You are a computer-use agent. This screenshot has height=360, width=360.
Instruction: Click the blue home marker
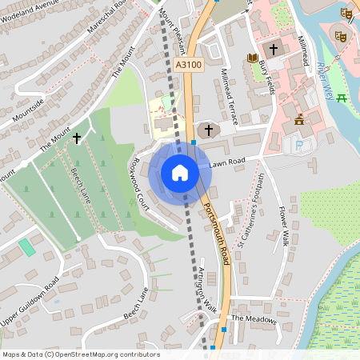point(179,172)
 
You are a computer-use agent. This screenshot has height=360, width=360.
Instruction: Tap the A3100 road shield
point(187,66)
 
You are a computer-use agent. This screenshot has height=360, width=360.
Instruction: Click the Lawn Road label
point(225,163)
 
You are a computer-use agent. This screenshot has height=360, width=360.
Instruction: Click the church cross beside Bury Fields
point(274,50)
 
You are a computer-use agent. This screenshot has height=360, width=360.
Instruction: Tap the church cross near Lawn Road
point(209,129)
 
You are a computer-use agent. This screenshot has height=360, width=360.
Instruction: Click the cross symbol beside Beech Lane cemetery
point(77,138)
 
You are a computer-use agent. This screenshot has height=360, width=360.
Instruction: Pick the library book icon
point(253,58)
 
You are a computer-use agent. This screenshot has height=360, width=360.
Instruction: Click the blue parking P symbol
point(299,146)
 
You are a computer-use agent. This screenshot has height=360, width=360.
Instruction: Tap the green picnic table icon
point(342,98)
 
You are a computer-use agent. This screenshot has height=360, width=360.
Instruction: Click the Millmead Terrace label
point(229,96)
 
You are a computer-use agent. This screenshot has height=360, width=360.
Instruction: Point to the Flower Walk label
point(282,228)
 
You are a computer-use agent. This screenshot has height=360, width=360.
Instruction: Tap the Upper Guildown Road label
point(30,294)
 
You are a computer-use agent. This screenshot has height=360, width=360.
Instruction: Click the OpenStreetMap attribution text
point(81,354)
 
